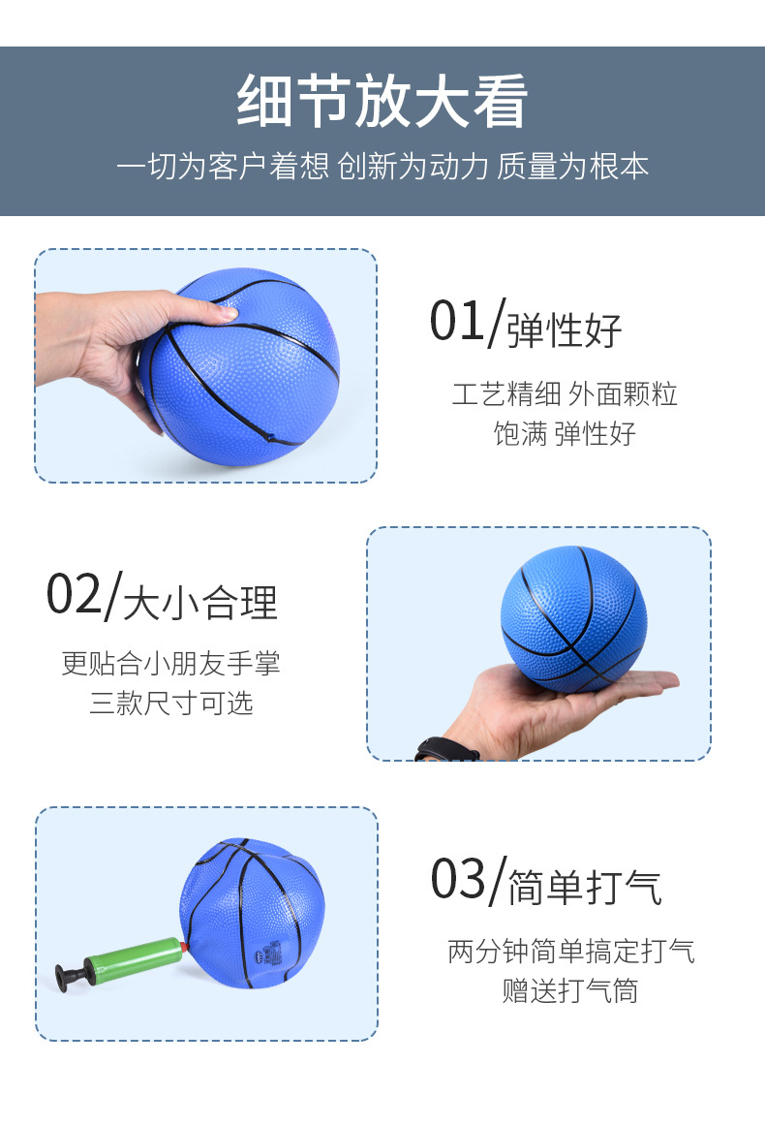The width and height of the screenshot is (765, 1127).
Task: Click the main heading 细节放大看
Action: (382, 103)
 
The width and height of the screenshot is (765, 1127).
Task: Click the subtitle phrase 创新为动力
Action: (412, 166)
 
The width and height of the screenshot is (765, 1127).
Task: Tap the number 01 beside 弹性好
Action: (458, 322)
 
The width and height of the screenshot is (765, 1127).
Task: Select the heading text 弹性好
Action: (565, 330)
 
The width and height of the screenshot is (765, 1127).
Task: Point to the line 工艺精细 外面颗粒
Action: (565, 393)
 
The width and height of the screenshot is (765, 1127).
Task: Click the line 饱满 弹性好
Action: (565, 433)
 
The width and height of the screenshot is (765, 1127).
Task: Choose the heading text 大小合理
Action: (200, 603)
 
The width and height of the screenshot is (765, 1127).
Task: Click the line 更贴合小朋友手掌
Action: (171, 664)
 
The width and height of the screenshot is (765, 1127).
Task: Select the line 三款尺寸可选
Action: (171, 704)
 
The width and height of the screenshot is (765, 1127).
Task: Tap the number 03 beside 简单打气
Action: (458, 879)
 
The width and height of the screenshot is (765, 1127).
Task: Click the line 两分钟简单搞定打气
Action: (571, 951)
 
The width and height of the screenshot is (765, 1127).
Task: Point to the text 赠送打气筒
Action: (570, 990)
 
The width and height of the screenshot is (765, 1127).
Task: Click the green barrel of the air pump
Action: (131, 959)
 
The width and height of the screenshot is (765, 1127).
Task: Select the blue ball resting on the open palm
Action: (572, 617)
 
